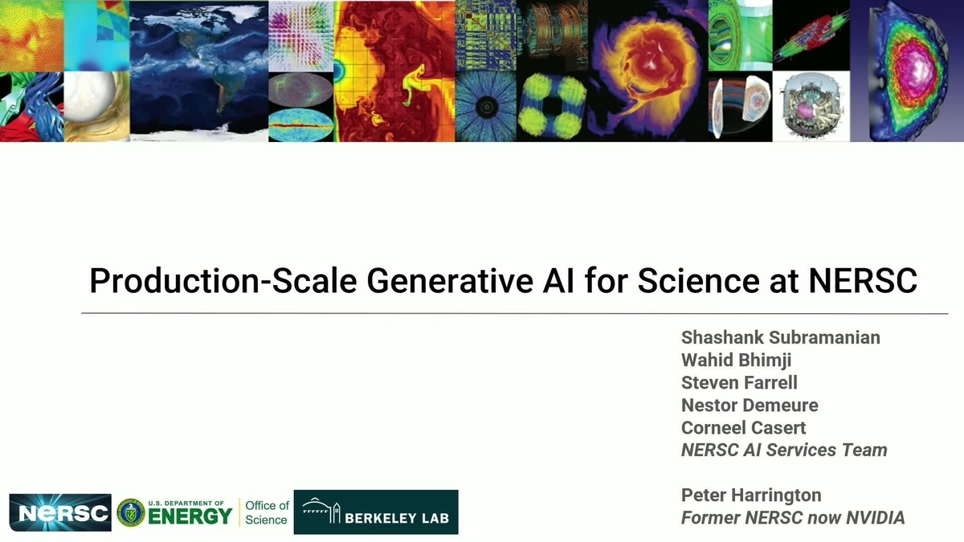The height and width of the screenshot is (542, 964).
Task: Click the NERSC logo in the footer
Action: click(x=60, y=512)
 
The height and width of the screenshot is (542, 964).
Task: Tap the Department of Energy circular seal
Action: click(x=130, y=512)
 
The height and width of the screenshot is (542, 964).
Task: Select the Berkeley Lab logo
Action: click(x=376, y=512)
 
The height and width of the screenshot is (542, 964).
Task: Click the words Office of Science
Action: click(x=267, y=512)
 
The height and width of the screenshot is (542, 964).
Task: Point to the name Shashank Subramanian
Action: click(x=780, y=337)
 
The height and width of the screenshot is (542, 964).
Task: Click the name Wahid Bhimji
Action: click(x=736, y=360)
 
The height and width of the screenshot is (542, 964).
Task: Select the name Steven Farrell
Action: click(x=739, y=382)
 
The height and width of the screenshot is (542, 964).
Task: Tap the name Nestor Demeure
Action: click(x=750, y=405)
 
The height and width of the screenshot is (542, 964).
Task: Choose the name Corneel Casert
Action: click(x=743, y=427)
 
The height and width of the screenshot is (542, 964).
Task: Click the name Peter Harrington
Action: click(x=751, y=495)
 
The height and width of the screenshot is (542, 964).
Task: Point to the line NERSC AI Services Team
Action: click(x=784, y=450)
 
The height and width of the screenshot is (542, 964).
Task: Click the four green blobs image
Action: click(x=551, y=107)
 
